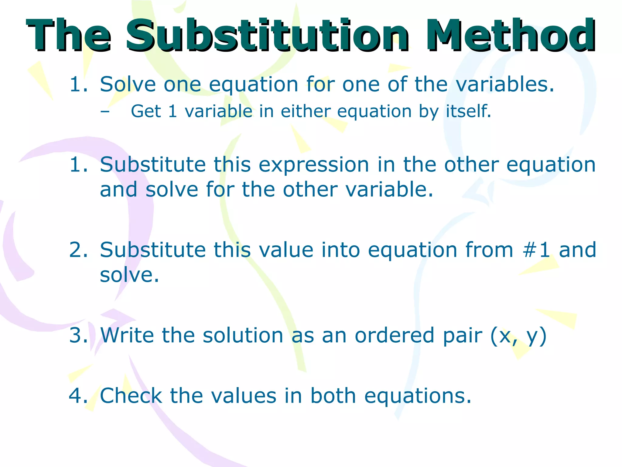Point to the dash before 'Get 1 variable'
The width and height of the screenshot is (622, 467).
(105, 111)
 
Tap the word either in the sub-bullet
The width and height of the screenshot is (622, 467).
(305, 111)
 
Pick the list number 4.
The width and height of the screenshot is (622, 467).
(78, 396)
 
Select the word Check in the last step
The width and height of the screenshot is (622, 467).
(131, 396)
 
